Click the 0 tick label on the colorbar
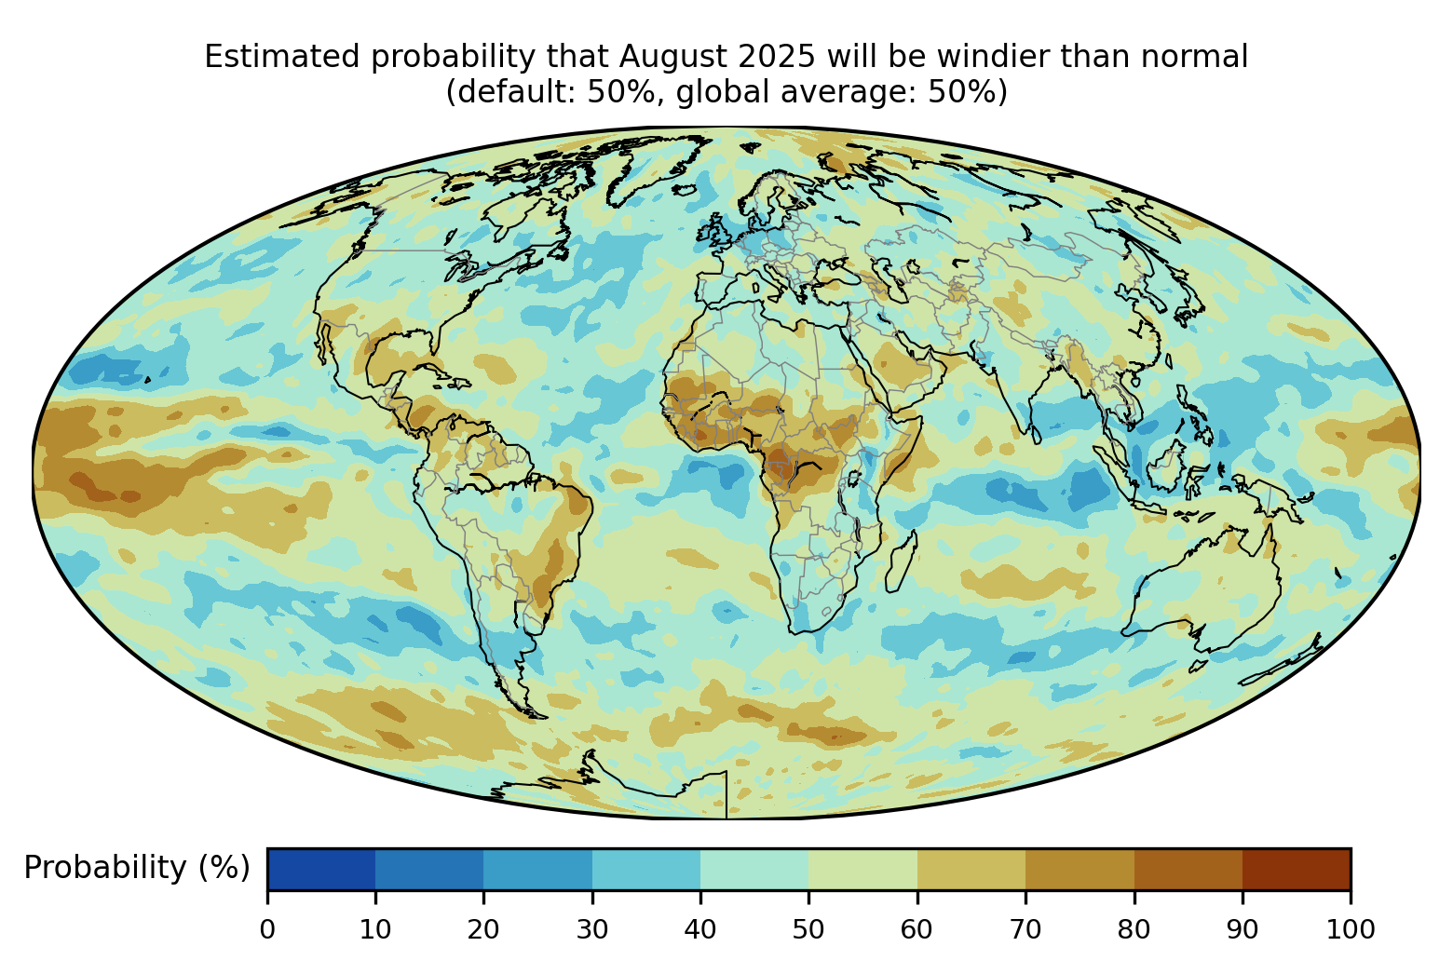[x=267, y=928]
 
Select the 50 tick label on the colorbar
[x=808, y=928]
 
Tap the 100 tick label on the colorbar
[x=1351, y=928]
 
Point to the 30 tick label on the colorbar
[x=592, y=928]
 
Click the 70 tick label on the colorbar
[x=1025, y=928]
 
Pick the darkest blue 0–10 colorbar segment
[x=321, y=869]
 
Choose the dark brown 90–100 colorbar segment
[x=1297, y=869]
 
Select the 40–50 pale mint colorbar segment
[x=754, y=869]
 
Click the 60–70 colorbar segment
[x=971, y=869]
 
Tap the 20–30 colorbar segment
[x=538, y=869]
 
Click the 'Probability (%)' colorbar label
[x=137, y=868]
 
